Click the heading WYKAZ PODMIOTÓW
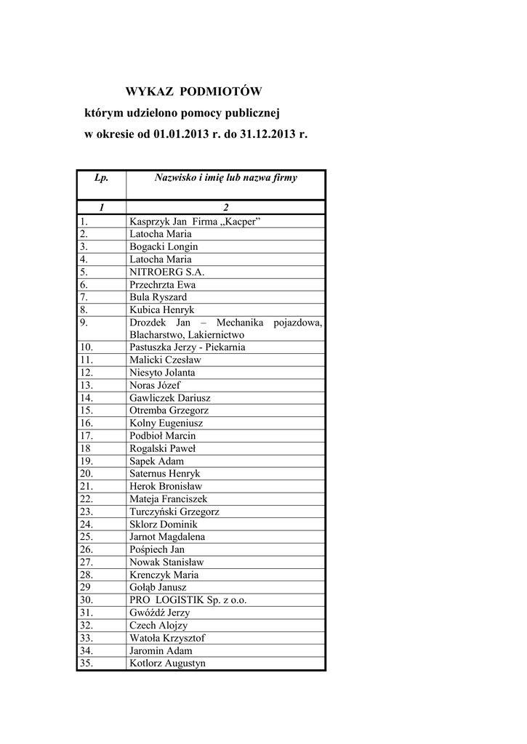coord(193,92)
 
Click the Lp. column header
coord(101,177)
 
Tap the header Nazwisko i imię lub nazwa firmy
coord(225,177)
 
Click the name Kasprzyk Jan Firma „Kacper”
coord(195,222)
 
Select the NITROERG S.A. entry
coord(167,272)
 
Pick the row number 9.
coord(84,322)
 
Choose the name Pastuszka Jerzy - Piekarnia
coord(188,347)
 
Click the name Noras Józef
coord(155,385)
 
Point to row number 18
coord(86,448)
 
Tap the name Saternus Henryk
coord(165,474)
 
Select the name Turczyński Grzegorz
coord(174,511)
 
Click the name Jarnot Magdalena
coord(167,537)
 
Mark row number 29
coord(86,587)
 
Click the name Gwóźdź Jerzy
coord(159,612)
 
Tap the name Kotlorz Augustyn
coord(168,663)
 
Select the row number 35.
coord(87,663)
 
